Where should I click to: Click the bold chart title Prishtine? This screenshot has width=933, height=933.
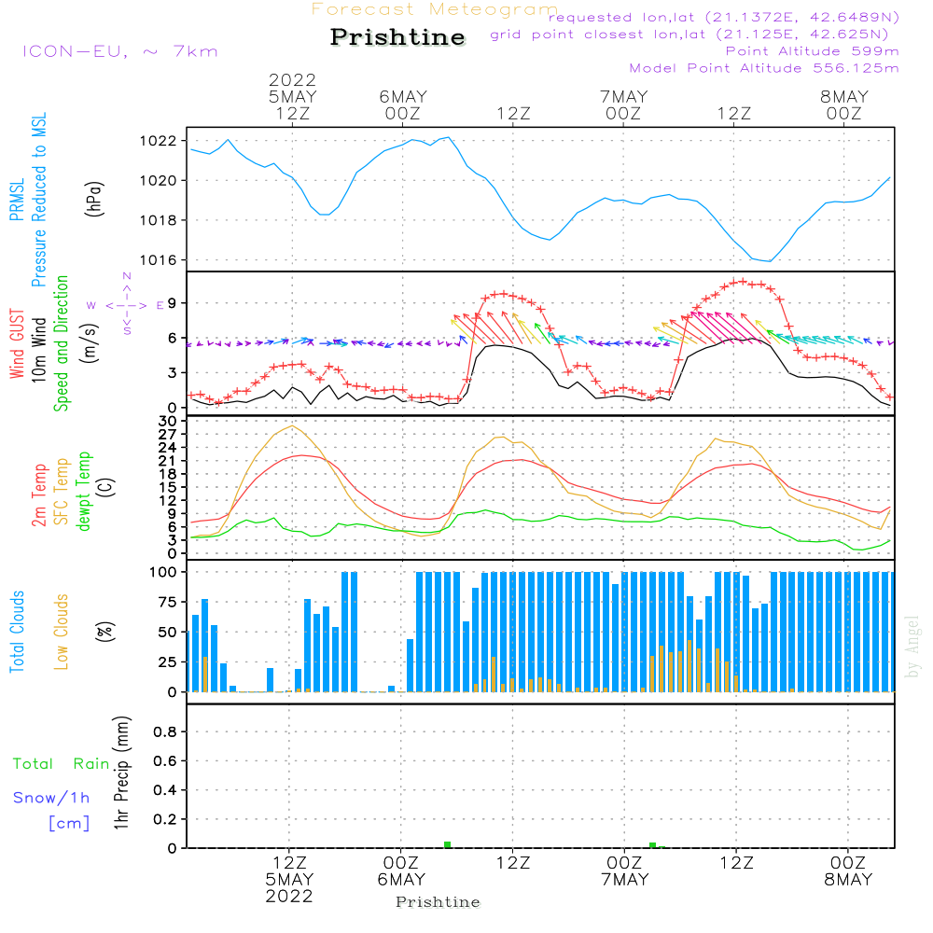click(397, 37)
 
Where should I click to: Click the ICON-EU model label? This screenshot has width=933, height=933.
click(119, 51)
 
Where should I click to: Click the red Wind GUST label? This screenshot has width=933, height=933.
click(18, 345)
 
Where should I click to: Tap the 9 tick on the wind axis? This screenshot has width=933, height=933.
click(173, 302)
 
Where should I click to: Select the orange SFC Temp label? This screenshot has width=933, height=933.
click(63, 492)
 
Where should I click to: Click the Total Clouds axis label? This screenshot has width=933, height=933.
click(18, 632)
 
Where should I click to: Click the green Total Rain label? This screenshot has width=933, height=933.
click(61, 764)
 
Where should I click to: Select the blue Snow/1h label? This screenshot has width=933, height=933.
click(52, 799)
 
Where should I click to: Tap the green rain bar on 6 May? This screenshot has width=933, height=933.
click(448, 844)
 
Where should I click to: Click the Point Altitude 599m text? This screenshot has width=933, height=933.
click(812, 51)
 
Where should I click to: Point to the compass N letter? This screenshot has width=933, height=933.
click(127, 276)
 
